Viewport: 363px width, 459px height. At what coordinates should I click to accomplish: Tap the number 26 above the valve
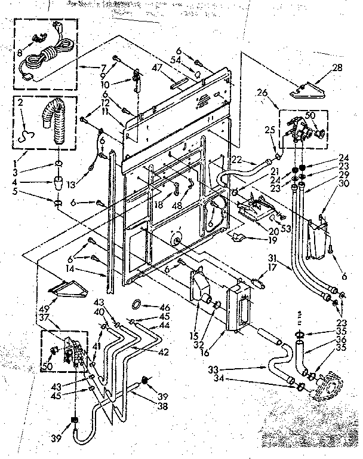click(262, 93)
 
